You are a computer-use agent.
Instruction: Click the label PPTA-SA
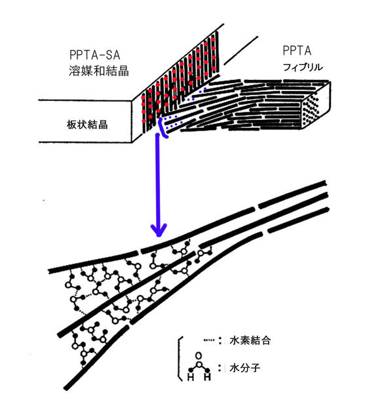[x=94, y=55]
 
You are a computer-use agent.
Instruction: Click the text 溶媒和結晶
[x=99, y=71]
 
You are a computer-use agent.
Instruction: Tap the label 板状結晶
[x=87, y=125]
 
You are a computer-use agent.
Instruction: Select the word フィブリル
[x=302, y=67]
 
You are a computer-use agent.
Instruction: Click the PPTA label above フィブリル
[x=297, y=50]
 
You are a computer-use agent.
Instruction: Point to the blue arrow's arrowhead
[x=159, y=229]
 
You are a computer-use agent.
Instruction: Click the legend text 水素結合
[x=250, y=340]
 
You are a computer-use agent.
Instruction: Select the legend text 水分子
[x=244, y=368]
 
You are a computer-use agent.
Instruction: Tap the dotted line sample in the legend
[x=208, y=340]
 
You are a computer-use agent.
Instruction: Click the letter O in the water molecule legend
[x=199, y=356]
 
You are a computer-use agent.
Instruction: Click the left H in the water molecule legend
[x=191, y=377]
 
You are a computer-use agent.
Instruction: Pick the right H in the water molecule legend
[x=207, y=377]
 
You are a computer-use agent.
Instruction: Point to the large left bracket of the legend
[x=179, y=358]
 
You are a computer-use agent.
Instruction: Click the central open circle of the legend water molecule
[x=199, y=365]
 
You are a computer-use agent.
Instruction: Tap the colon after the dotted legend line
[x=220, y=340]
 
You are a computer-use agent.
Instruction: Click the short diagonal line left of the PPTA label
[x=241, y=50]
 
